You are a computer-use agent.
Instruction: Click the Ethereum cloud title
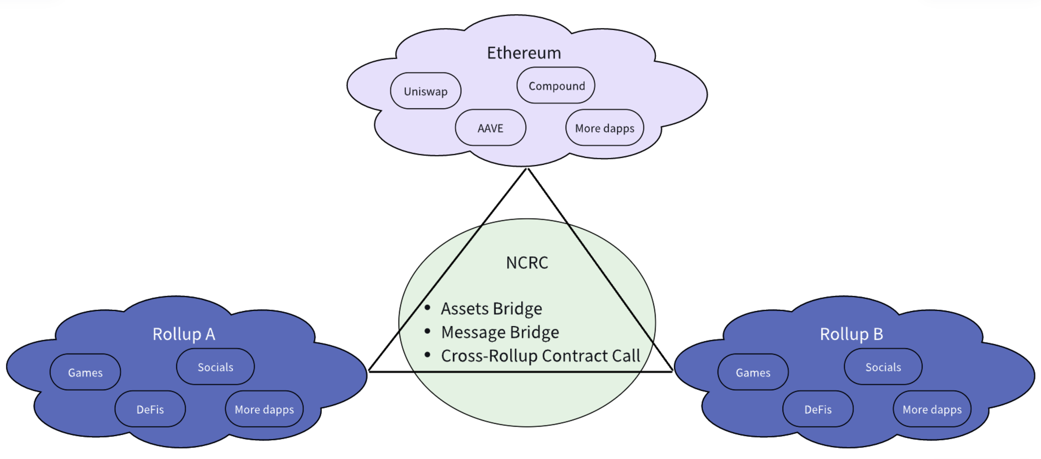click(x=524, y=53)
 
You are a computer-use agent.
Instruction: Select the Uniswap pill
click(x=425, y=91)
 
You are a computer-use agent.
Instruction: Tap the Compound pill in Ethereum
click(x=556, y=86)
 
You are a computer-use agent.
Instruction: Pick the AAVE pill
click(x=490, y=128)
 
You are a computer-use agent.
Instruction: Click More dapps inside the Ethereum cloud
click(x=605, y=128)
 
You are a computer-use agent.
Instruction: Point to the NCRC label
click(x=527, y=263)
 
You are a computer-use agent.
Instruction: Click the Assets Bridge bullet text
click(x=491, y=309)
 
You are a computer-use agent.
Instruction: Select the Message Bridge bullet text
click(x=500, y=332)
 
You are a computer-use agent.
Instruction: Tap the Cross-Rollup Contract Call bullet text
click(x=540, y=355)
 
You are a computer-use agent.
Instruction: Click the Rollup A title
click(x=184, y=334)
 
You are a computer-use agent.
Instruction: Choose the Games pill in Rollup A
click(x=85, y=372)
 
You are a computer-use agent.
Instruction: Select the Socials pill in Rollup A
click(x=215, y=367)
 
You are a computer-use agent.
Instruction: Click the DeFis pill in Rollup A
click(x=150, y=409)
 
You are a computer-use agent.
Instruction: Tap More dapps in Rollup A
click(x=264, y=409)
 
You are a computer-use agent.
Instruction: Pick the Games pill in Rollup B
click(x=753, y=372)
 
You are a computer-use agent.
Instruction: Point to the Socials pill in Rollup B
click(x=883, y=367)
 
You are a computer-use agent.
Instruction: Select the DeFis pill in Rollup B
click(x=818, y=409)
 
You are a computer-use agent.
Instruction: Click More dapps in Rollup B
click(x=932, y=409)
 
